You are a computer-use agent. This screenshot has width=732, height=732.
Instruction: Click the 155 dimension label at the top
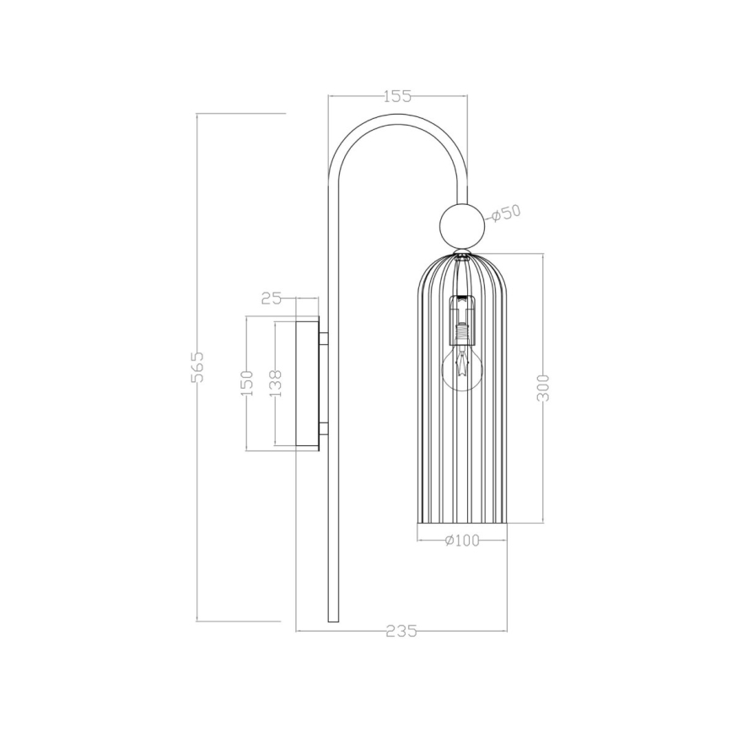click(397, 96)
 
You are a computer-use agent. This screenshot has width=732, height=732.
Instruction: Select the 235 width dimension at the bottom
click(401, 631)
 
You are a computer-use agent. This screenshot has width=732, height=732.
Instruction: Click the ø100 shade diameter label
click(461, 540)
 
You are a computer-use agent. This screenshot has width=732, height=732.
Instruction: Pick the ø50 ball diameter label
click(505, 213)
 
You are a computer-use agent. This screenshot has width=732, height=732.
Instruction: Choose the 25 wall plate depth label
click(272, 298)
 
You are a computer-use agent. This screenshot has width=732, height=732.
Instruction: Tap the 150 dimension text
click(246, 384)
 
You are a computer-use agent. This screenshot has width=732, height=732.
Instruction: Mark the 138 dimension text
click(275, 384)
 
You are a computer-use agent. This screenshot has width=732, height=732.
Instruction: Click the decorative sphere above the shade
click(462, 225)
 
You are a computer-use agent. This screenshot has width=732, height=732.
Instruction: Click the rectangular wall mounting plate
click(307, 384)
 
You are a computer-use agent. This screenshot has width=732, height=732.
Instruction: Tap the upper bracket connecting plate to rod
click(323, 339)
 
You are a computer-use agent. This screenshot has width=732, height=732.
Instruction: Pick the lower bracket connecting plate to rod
click(323, 428)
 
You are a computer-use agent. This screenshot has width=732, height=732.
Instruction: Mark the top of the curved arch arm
click(396, 119)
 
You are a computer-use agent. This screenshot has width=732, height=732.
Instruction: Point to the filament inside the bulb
click(461, 364)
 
